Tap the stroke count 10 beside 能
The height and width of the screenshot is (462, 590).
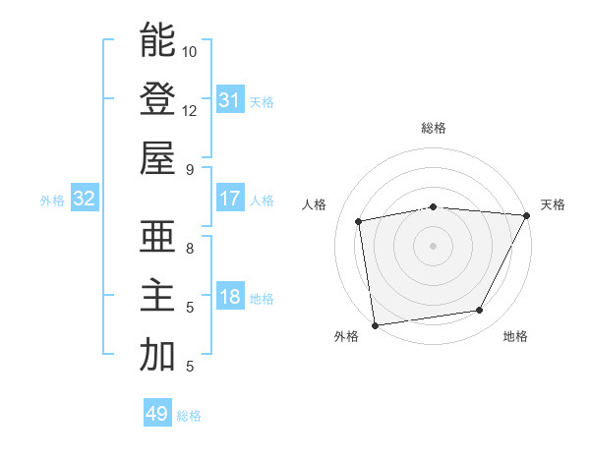pyautogui.click(x=190, y=51)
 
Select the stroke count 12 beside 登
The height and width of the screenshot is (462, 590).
pyautogui.click(x=190, y=110)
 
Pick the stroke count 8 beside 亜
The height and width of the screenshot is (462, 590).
pyautogui.click(x=190, y=249)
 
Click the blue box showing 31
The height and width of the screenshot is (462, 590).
pyautogui.click(x=229, y=99)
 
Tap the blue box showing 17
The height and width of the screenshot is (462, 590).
pyautogui.click(x=229, y=199)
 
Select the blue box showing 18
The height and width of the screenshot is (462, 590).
pyautogui.click(x=229, y=297)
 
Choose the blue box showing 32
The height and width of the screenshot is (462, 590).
pyautogui.click(x=85, y=200)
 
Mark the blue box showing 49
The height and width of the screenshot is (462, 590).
pyautogui.click(x=157, y=414)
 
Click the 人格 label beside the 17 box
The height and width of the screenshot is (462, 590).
pyautogui.click(x=262, y=201)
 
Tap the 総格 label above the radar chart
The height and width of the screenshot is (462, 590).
pyautogui.click(x=434, y=128)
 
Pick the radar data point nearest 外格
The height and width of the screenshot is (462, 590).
pyautogui.click(x=375, y=325)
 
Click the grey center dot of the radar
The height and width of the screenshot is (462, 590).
pyautogui.click(x=433, y=245)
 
